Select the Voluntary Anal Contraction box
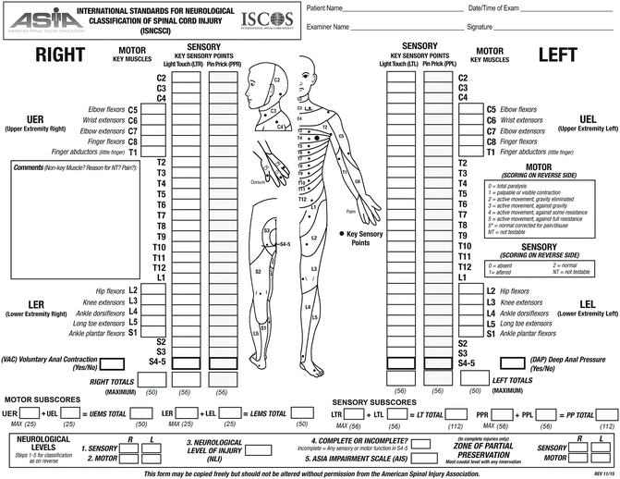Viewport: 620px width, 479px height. click(112, 364)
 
